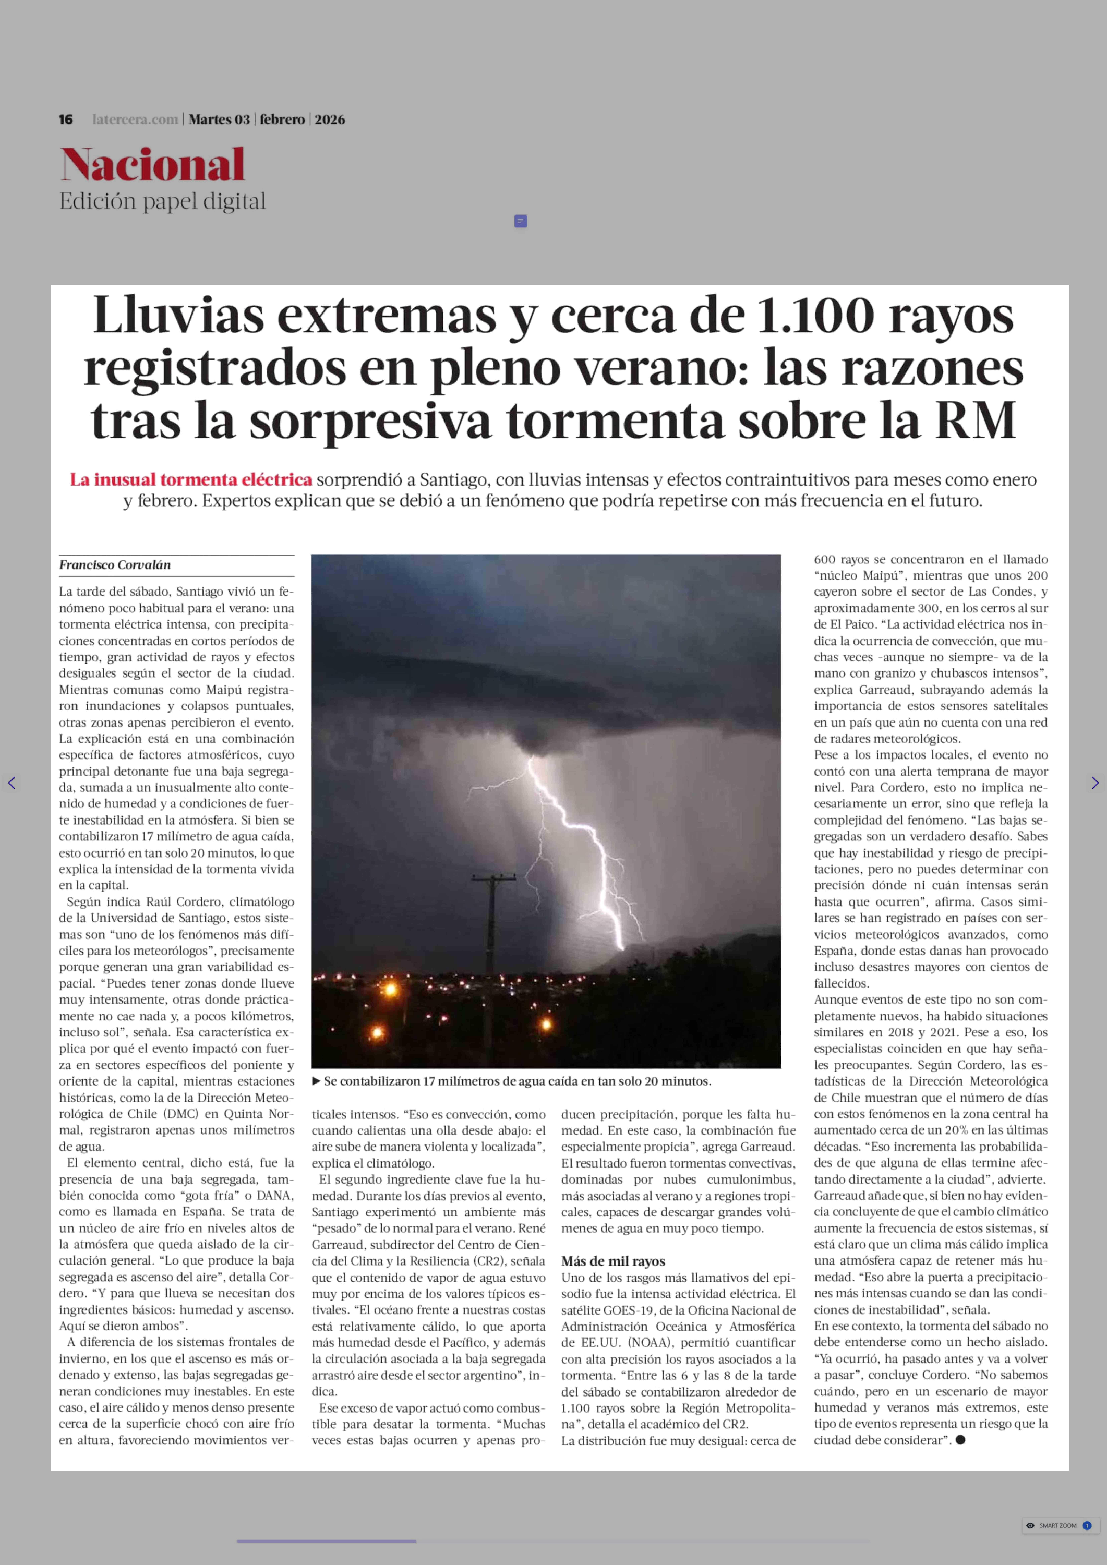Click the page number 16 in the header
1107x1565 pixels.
coord(65,119)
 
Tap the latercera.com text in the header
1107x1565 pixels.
coord(135,119)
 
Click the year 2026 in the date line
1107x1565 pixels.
coord(330,119)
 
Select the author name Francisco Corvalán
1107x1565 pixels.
coord(115,565)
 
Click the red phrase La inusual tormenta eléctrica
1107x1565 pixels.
coord(191,480)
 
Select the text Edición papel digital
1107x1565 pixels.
coord(162,202)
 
